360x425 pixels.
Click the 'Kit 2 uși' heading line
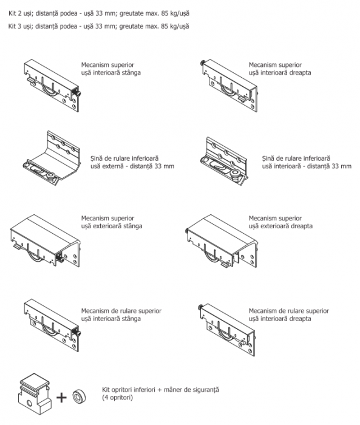coord(99,13)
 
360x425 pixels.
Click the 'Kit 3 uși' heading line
coord(99,26)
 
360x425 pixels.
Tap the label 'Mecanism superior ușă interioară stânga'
coord(111,69)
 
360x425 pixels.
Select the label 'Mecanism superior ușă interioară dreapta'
coord(280,69)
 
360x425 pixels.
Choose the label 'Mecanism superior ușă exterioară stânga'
coord(112,222)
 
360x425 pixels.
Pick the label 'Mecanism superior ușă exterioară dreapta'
coord(280,222)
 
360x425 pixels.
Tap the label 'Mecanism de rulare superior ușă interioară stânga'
coord(121,314)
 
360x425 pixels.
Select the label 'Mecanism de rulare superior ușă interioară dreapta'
coord(289,314)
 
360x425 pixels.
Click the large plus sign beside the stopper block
coord(61,398)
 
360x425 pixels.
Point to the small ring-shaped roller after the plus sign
coord(79,396)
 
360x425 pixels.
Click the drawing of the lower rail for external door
coord(51,158)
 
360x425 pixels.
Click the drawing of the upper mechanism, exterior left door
coord(45,241)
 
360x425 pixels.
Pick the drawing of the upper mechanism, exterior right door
coord(222,241)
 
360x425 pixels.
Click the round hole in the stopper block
coord(29,404)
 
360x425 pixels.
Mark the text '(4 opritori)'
coord(117,398)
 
